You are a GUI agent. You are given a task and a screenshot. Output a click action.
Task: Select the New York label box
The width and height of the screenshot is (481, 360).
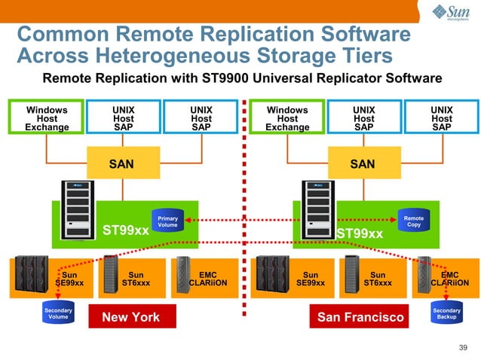point(131,317)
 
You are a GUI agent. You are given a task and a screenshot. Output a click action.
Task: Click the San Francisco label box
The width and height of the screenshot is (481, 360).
point(360,317)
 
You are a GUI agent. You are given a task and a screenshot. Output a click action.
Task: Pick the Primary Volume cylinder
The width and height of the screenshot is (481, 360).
point(167,221)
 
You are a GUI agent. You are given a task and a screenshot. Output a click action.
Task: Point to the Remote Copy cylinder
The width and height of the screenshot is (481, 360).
point(414,221)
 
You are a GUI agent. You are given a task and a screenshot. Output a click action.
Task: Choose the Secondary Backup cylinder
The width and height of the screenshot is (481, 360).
point(446,313)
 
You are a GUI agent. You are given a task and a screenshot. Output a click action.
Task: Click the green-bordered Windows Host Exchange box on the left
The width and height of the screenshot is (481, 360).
point(46,118)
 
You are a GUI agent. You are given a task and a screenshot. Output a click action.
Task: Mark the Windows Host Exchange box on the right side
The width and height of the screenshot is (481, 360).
point(287,118)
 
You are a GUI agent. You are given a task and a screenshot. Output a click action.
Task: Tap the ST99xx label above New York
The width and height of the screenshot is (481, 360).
point(126,231)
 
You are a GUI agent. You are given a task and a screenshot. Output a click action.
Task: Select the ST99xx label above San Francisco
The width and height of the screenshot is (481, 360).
point(360,233)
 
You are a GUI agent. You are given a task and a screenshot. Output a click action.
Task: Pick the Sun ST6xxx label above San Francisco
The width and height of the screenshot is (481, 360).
point(378,279)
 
